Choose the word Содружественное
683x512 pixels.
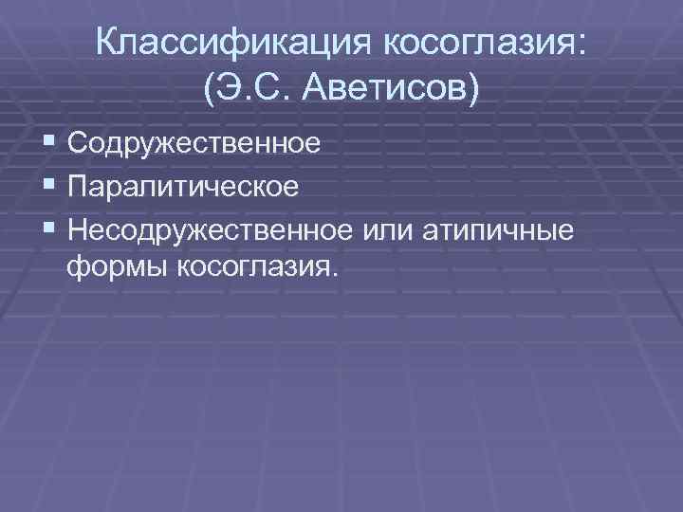pyautogui.click(x=194, y=144)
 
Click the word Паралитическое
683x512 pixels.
pyautogui.click(x=183, y=185)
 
